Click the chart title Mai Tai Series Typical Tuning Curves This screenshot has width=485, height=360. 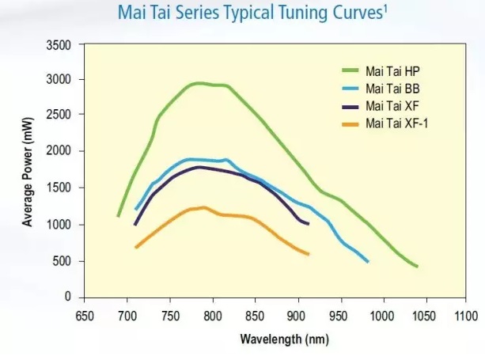[x=241, y=13]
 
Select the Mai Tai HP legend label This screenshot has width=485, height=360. [x=393, y=70]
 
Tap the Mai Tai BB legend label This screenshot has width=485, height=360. [x=393, y=88]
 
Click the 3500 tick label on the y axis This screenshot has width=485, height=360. [x=60, y=45]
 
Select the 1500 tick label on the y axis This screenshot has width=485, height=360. [x=60, y=188]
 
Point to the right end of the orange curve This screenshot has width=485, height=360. [x=308, y=254]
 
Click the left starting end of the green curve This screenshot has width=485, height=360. [x=119, y=215]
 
